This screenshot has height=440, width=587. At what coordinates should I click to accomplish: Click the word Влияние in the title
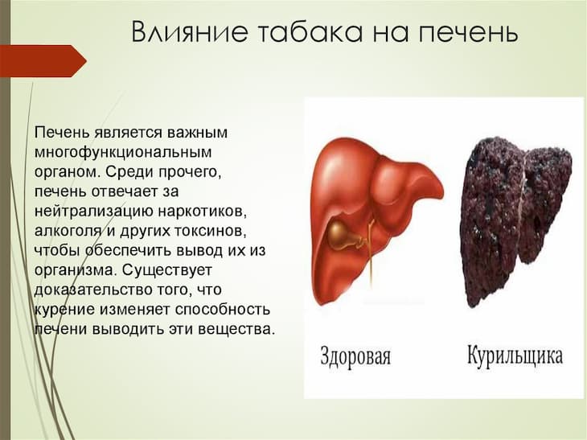190,31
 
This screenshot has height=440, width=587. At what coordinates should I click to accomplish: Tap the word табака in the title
310,31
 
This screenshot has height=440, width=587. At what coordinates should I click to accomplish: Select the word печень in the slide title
468,32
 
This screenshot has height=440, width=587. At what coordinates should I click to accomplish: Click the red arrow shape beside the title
43,61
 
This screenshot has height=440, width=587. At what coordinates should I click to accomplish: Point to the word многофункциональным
123,153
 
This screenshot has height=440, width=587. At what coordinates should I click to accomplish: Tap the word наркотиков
203,212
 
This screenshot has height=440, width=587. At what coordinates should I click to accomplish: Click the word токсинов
210,232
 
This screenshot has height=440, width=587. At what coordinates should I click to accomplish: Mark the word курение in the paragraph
64,310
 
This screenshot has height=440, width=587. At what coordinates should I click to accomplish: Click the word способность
223,310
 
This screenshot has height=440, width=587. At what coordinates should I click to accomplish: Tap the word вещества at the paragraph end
235,330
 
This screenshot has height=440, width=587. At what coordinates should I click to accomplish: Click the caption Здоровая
355,356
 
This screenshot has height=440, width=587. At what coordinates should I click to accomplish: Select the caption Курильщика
515,356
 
